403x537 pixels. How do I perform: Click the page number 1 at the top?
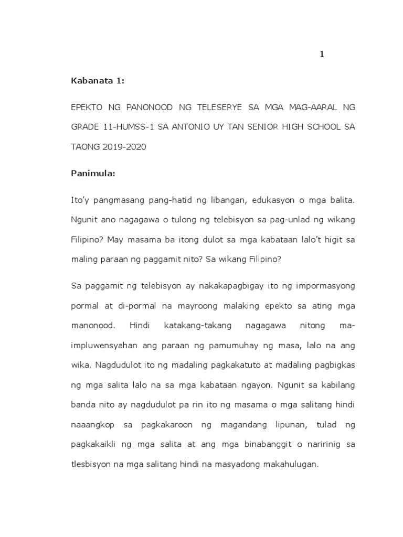(322, 55)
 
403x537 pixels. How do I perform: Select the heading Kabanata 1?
(98, 81)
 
